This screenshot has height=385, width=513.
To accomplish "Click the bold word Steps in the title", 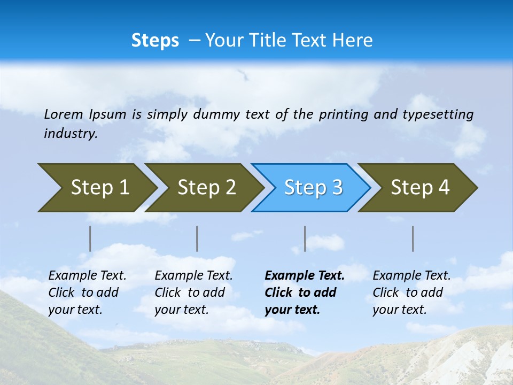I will coord(155,41).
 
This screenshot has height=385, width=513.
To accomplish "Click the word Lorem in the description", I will coord(63,114).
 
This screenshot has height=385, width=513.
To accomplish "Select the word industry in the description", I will coord(71,134).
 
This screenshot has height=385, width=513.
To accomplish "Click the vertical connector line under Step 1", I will coord(90,238).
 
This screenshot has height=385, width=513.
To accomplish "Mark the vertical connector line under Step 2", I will coord(197,238).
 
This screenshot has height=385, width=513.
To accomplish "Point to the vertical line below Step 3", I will coord(305,238).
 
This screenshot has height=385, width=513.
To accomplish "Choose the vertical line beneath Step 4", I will coord(413,238).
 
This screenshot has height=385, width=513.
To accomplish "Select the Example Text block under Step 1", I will coord(87,292).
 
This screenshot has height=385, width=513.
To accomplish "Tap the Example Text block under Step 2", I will coord(193,292).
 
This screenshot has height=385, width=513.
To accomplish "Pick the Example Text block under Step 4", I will coord(411,292).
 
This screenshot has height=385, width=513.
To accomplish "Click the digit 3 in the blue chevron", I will coord(337,188).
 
